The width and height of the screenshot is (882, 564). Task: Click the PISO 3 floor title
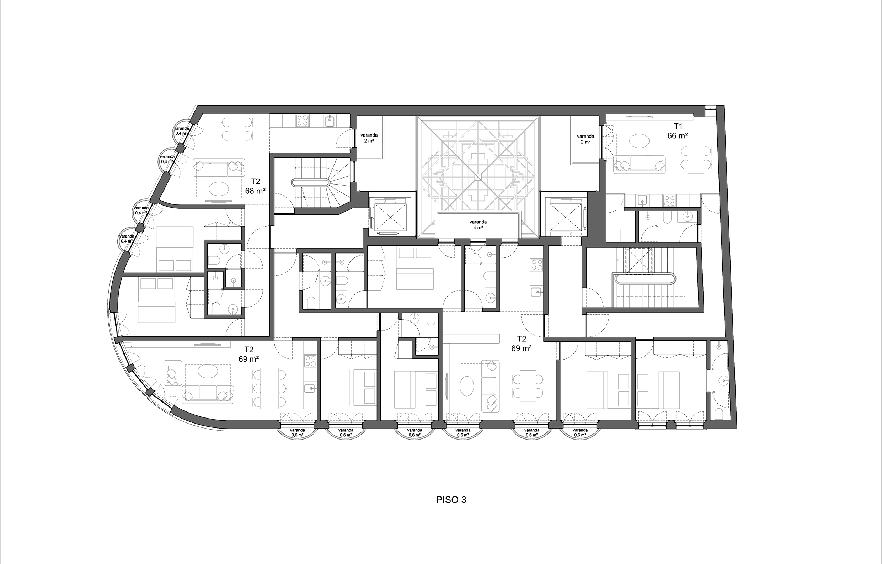(x=451, y=500)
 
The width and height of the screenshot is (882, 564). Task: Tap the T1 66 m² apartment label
(x=677, y=131)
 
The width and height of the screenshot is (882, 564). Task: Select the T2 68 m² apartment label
(x=255, y=186)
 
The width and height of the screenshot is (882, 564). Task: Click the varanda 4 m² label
(x=478, y=225)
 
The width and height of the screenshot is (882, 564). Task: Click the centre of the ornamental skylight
(x=478, y=177)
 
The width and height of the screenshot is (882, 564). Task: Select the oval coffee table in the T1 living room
(x=640, y=142)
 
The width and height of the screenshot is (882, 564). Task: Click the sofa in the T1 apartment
(x=640, y=163)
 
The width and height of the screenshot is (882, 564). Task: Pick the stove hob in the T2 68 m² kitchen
(x=303, y=121)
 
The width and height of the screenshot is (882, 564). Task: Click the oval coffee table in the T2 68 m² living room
(x=219, y=189)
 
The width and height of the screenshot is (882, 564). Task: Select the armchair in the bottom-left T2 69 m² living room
(x=172, y=373)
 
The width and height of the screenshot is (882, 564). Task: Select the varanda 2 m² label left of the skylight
(x=369, y=138)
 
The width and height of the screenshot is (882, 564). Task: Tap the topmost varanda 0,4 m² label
(x=181, y=131)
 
